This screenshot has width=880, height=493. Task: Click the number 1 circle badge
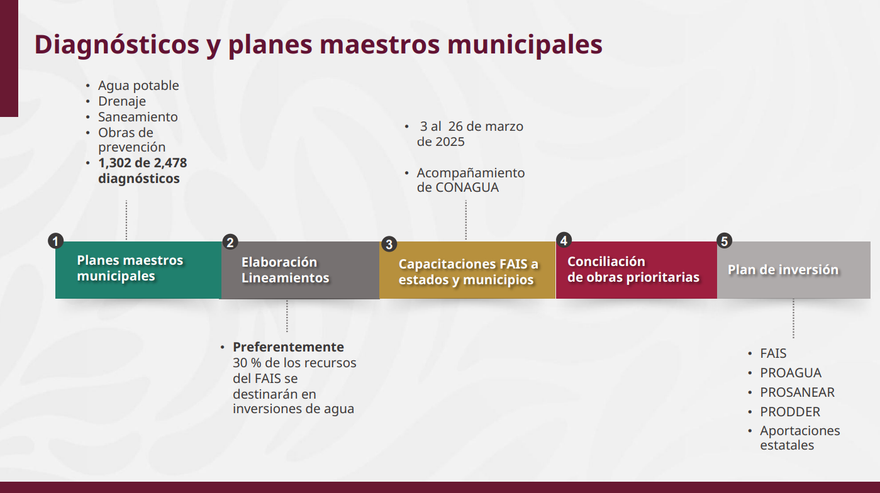56,241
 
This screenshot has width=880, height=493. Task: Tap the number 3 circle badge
389,245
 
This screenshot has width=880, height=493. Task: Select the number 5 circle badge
725,241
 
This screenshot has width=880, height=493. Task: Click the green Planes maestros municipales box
138,270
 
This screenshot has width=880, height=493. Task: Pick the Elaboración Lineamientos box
300,270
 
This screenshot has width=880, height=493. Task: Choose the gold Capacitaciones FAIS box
467,270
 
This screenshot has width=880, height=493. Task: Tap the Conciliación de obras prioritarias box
637,270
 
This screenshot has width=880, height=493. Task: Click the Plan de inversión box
794,270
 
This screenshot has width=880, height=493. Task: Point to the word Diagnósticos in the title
116,45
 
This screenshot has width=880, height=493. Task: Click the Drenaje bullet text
122,101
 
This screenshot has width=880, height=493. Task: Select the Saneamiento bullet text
138,117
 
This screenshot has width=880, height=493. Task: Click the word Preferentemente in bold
288,347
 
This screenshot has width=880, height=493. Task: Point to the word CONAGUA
467,188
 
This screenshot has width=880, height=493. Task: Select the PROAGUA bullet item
791,373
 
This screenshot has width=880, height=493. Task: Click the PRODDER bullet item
790,412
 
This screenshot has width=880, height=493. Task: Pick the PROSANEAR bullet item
797,392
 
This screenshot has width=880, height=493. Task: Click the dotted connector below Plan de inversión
794,319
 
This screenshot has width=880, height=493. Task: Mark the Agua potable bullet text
138,86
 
